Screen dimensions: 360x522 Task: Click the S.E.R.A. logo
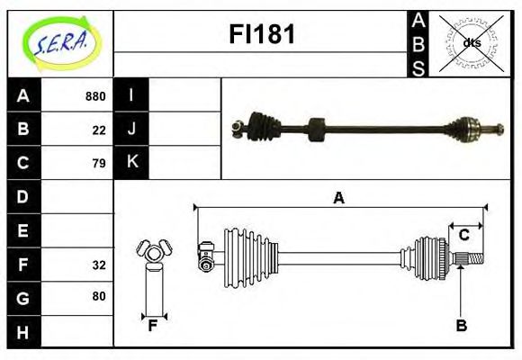coord(59,43)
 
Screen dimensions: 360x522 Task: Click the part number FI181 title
coord(260,34)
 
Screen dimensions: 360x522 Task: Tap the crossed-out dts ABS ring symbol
coord(471,43)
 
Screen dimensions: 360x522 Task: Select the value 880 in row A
coord(95,96)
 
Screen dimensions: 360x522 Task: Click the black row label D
coord(22,196)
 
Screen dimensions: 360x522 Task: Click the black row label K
coord(131,163)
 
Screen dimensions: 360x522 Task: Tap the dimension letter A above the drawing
coord(338,199)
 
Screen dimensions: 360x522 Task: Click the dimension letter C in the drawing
coord(464,235)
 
